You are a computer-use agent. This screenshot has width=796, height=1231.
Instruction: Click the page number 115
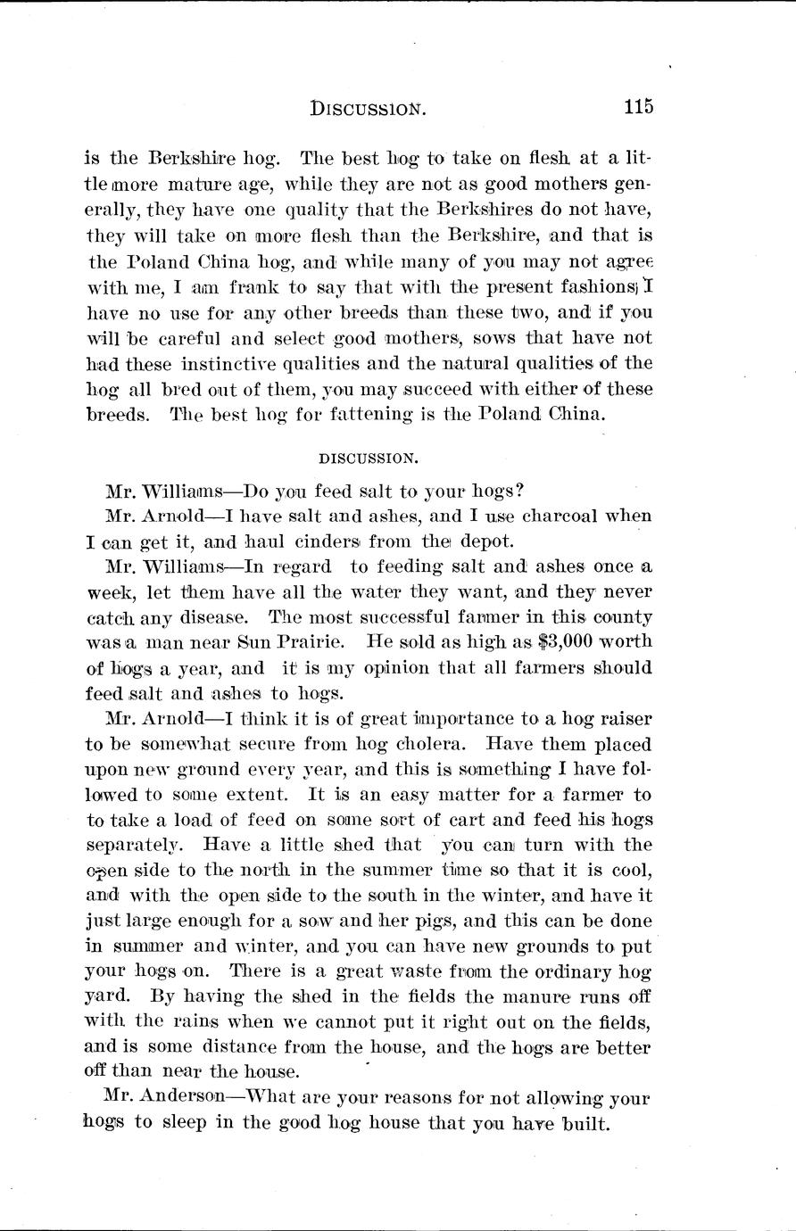pyautogui.click(x=638, y=107)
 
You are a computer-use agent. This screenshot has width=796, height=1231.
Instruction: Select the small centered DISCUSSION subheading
pyautogui.click(x=367, y=459)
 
